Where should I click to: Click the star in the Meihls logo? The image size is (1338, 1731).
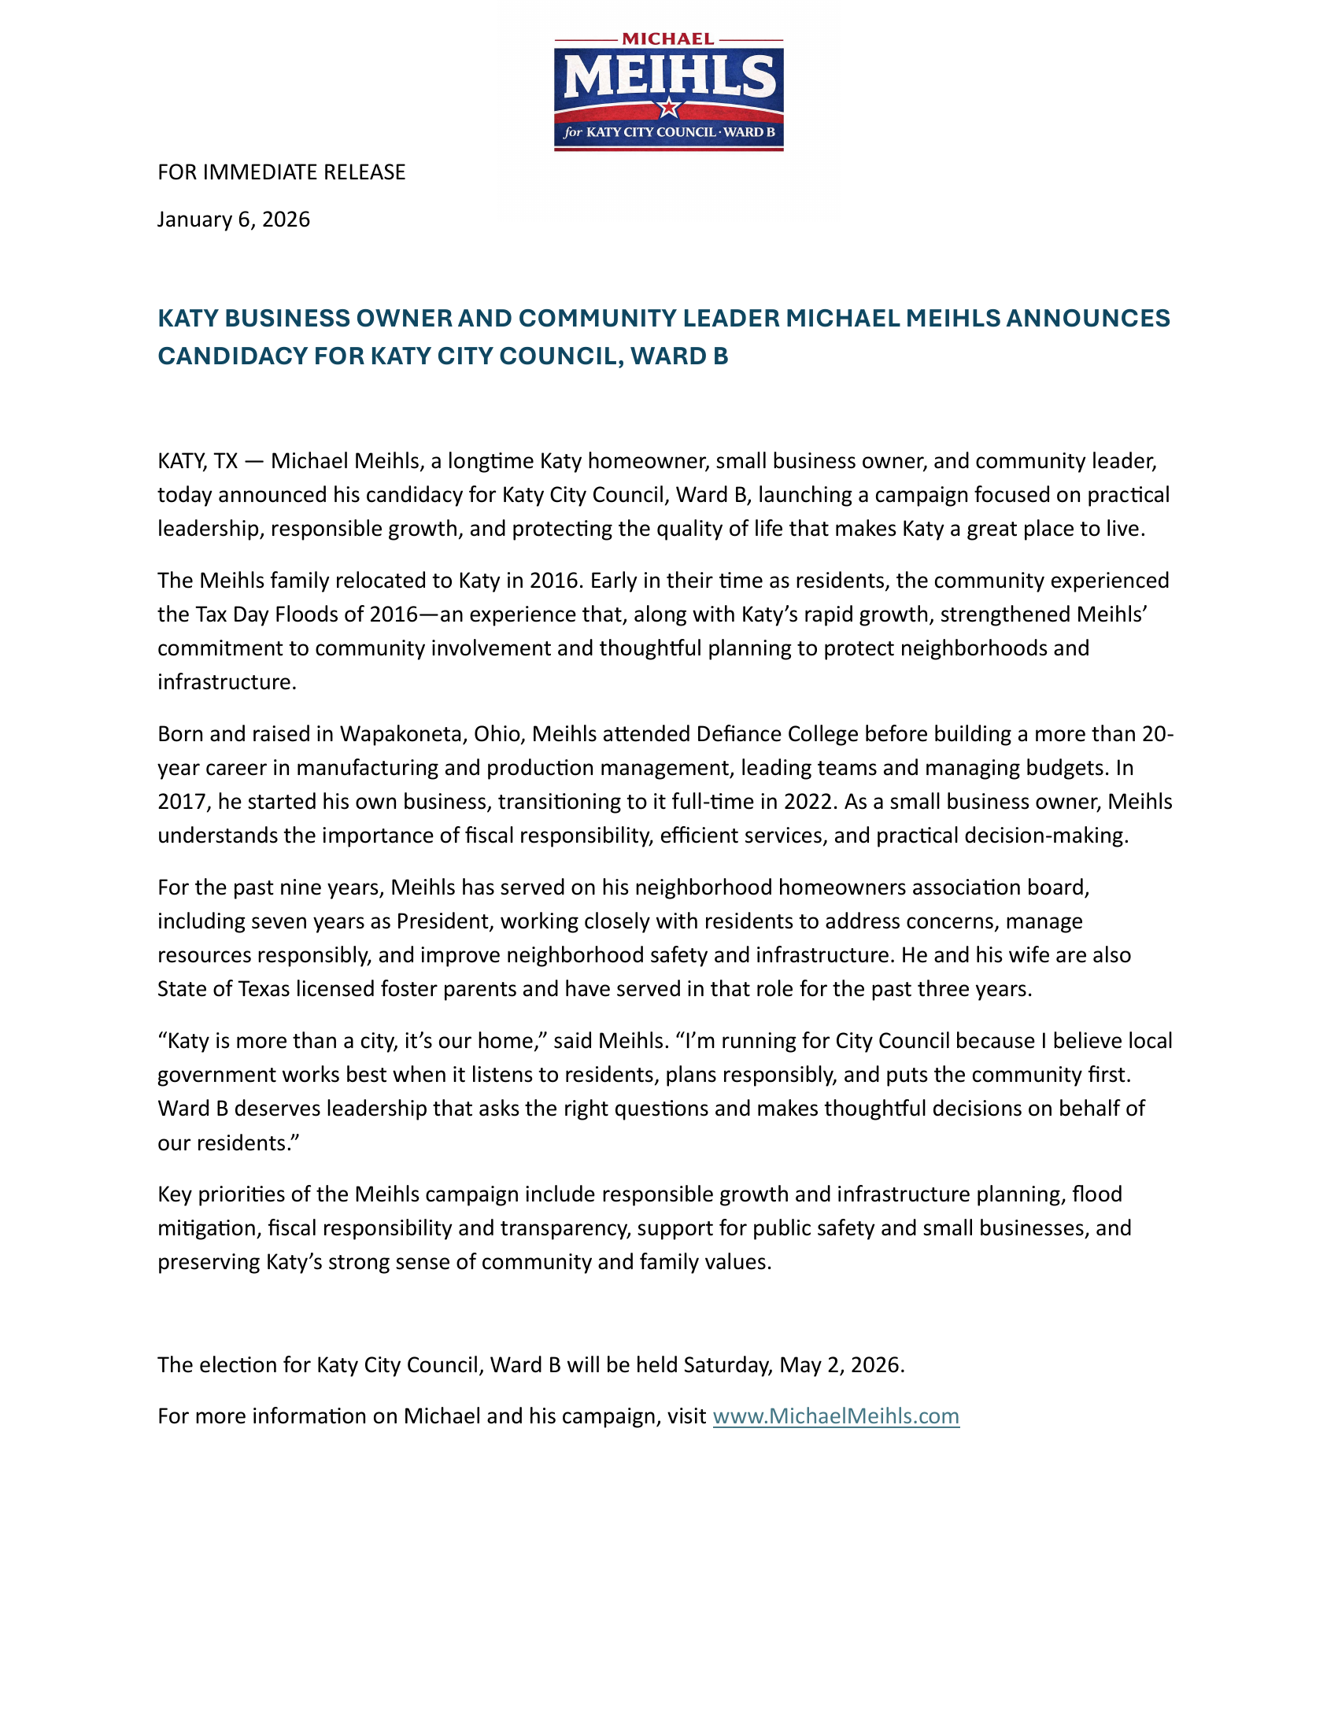pos(669,106)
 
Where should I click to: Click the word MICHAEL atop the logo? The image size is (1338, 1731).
pos(668,39)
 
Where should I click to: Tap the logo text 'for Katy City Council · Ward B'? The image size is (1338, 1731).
pos(669,132)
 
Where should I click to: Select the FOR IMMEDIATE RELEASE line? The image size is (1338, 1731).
pos(282,172)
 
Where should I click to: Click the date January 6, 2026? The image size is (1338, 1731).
pos(233,220)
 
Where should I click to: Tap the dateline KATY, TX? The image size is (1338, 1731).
pos(198,461)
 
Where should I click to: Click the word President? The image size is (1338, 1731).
pos(443,921)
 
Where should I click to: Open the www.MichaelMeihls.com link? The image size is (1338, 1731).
pos(835,1416)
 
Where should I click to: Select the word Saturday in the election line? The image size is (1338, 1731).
pos(728,1365)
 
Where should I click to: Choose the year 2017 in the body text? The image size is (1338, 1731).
pos(183,801)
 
